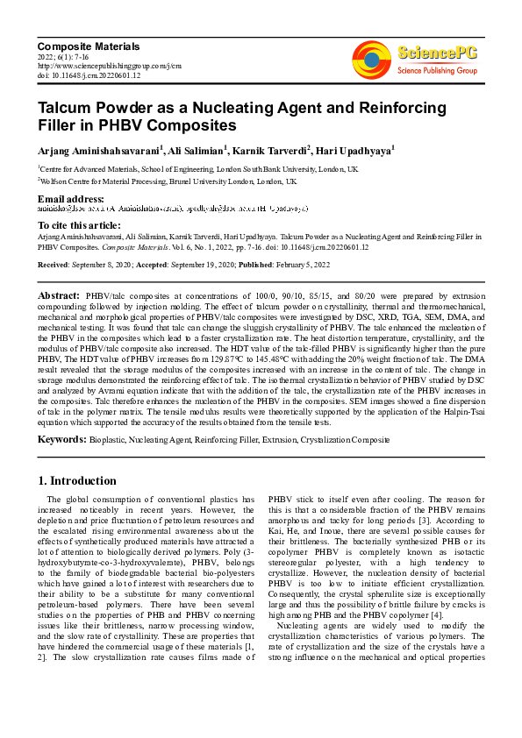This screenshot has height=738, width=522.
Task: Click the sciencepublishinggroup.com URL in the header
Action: click(110, 66)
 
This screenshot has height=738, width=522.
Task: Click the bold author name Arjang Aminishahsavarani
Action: click(97, 151)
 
